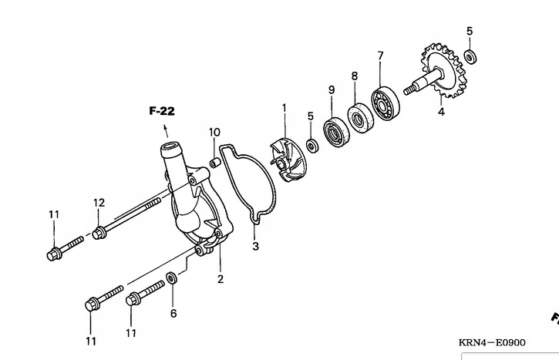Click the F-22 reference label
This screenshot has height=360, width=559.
(x=162, y=111)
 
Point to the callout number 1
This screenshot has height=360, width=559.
(x=283, y=107)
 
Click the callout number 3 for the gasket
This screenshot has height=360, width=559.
(x=255, y=247)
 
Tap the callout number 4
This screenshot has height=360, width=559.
(x=441, y=111)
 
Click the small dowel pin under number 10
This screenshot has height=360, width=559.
(x=215, y=163)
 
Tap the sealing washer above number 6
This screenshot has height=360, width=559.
(x=173, y=277)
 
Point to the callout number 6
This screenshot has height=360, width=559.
(x=173, y=313)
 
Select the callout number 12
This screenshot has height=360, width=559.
(x=99, y=203)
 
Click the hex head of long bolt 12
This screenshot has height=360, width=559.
(x=99, y=233)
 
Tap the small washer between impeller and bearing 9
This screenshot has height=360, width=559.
(x=311, y=145)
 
